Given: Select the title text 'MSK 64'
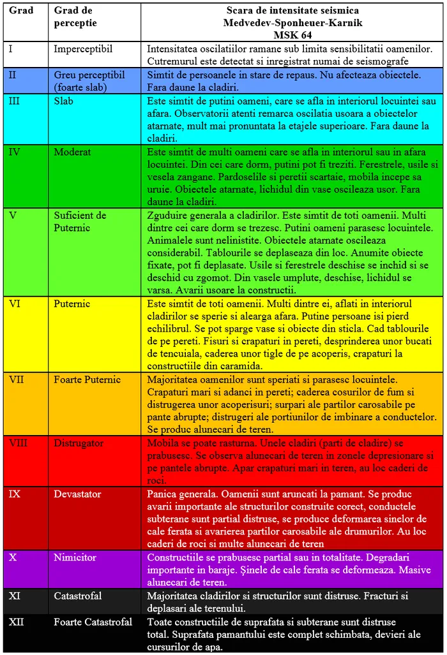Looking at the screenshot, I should pos(292,34).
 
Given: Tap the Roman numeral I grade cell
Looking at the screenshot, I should pos(11,48).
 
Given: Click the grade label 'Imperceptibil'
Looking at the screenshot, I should pos(83,48).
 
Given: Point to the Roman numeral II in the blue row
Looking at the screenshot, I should pos(13,75).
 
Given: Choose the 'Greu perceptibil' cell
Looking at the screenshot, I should pos(89,80).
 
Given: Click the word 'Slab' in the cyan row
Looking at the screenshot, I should pos(63,101).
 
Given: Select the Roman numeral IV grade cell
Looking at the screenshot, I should pos(14,152).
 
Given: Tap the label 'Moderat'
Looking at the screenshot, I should pos(72,152).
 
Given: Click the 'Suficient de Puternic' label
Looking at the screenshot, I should pos(80,221).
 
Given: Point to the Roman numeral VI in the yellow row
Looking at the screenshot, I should pos(15,304).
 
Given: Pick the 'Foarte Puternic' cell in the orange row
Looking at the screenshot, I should pos(87,379).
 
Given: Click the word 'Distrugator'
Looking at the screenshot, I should pos(78,443).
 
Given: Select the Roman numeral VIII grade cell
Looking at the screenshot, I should pos(18,443).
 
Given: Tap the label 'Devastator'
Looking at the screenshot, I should pos(77,494).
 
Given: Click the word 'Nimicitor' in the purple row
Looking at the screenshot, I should pos(75,557).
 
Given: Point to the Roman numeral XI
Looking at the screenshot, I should pos(15,596).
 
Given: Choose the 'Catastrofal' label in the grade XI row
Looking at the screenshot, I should pos(77,596).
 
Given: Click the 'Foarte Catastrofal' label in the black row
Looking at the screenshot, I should pos(93,622).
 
